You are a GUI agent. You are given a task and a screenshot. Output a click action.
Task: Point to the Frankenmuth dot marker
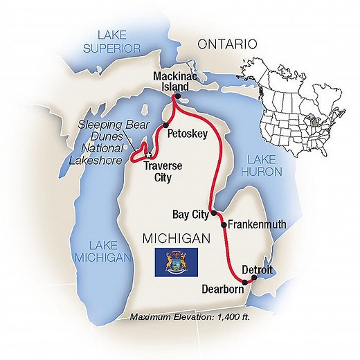[x=223, y=224]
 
